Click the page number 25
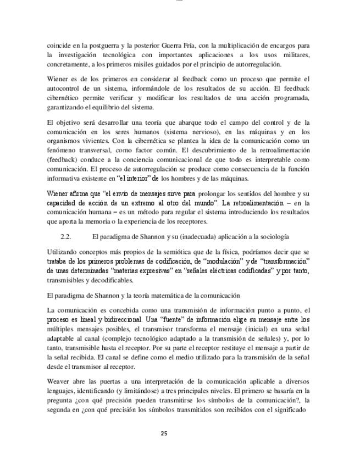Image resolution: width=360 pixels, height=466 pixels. click(163, 434)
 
